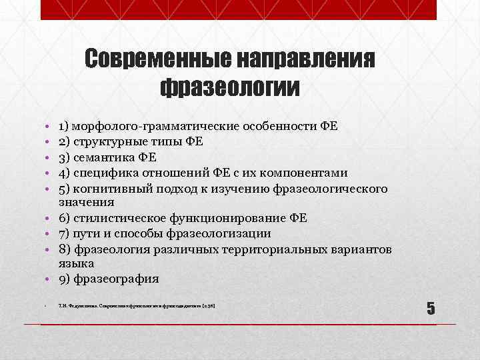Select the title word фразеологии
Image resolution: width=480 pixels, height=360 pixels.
click(230, 88)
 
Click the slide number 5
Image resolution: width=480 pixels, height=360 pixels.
click(431, 308)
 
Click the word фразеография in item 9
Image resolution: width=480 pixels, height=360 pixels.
click(117, 278)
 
